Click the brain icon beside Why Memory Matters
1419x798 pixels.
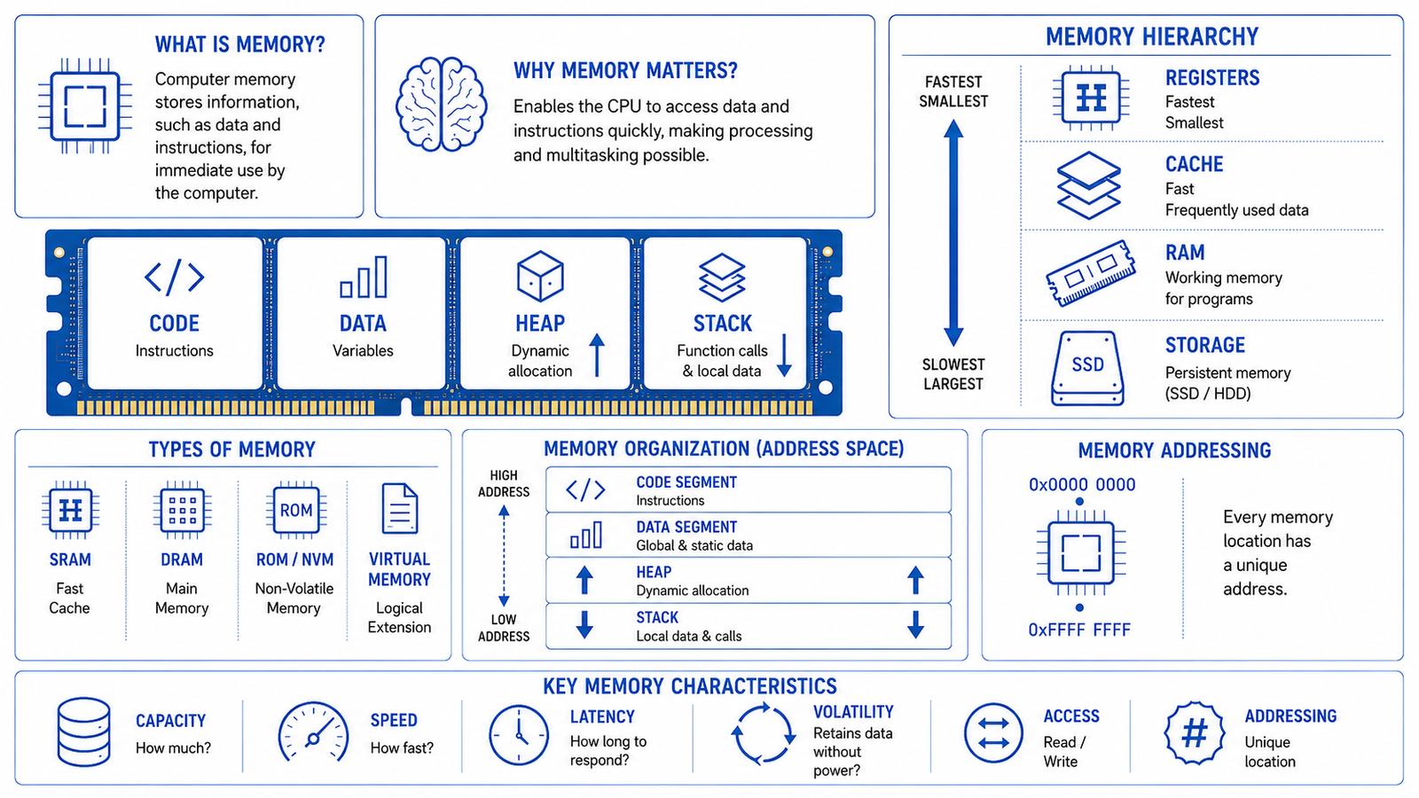[x=441, y=104]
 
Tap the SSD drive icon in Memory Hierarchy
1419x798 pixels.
[x=1087, y=368]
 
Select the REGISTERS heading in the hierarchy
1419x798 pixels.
[x=1211, y=78]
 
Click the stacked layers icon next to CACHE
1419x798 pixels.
[x=1088, y=185]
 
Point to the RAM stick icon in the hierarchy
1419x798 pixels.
[x=1090, y=273]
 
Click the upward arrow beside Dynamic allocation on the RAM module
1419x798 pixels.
[x=596, y=356]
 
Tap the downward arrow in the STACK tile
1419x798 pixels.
[x=784, y=356]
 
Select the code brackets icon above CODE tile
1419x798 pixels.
[x=174, y=277]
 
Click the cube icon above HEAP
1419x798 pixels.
[x=540, y=276]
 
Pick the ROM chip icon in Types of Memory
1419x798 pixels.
[x=296, y=510]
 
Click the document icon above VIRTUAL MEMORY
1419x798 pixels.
[x=400, y=509]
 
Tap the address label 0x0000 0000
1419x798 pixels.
[x=1082, y=485]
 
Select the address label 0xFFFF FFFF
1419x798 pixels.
[x=1079, y=630]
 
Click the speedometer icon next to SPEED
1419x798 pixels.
[x=314, y=732]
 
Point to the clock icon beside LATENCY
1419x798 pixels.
[x=519, y=735]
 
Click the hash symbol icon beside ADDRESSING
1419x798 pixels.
[x=1194, y=732]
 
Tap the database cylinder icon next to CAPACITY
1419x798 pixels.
[x=83, y=732]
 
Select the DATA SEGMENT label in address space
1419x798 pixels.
[x=686, y=527]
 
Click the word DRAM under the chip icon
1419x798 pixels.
[x=182, y=559]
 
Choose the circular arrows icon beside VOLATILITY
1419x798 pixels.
[x=764, y=733]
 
